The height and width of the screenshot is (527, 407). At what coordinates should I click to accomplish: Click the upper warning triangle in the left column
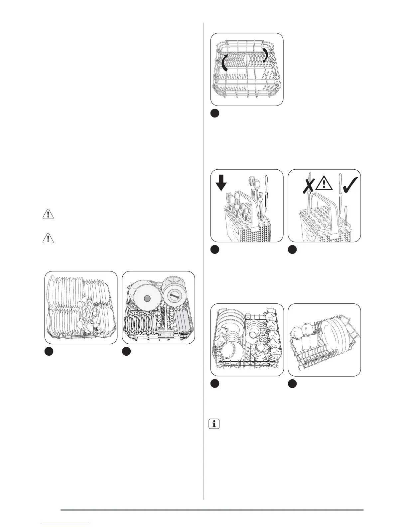[x=48, y=214]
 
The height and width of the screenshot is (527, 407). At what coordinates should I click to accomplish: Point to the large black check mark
[x=349, y=182]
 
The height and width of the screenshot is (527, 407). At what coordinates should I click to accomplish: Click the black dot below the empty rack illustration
[x=215, y=113]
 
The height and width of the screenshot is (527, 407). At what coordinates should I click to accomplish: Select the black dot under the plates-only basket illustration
[x=49, y=352]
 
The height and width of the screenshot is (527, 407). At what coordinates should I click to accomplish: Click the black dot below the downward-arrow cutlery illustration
[x=215, y=250]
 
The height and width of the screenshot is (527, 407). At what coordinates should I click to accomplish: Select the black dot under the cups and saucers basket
[x=215, y=384]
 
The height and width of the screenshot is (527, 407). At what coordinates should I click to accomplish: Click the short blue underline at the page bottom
[x=67, y=524]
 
